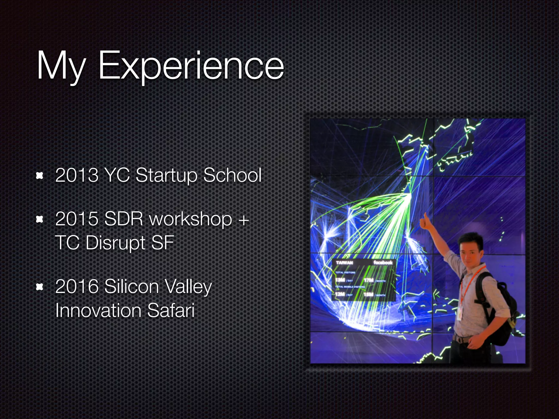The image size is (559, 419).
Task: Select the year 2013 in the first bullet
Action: click(x=77, y=175)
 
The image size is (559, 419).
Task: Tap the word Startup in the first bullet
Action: click(x=166, y=175)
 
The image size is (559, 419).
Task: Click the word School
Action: click(x=233, y=175)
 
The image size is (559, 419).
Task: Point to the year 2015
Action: click(x=77, y=219)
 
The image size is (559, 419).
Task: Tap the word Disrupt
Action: click(x=116, y=243)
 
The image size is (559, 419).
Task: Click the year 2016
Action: click(x=77, y=286)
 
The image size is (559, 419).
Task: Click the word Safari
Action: click(x=171, y=310)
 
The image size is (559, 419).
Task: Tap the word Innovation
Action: click(x=98, y=310)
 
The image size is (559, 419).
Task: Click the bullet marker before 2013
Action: click(x=40, y=176)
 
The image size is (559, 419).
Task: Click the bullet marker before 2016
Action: click(x=40, y=287)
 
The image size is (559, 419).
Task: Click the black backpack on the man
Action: click(x=499, y=306)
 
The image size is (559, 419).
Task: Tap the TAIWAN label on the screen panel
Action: click(x=344, y=262)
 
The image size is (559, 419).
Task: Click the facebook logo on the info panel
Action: click(x=383, y=262)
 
